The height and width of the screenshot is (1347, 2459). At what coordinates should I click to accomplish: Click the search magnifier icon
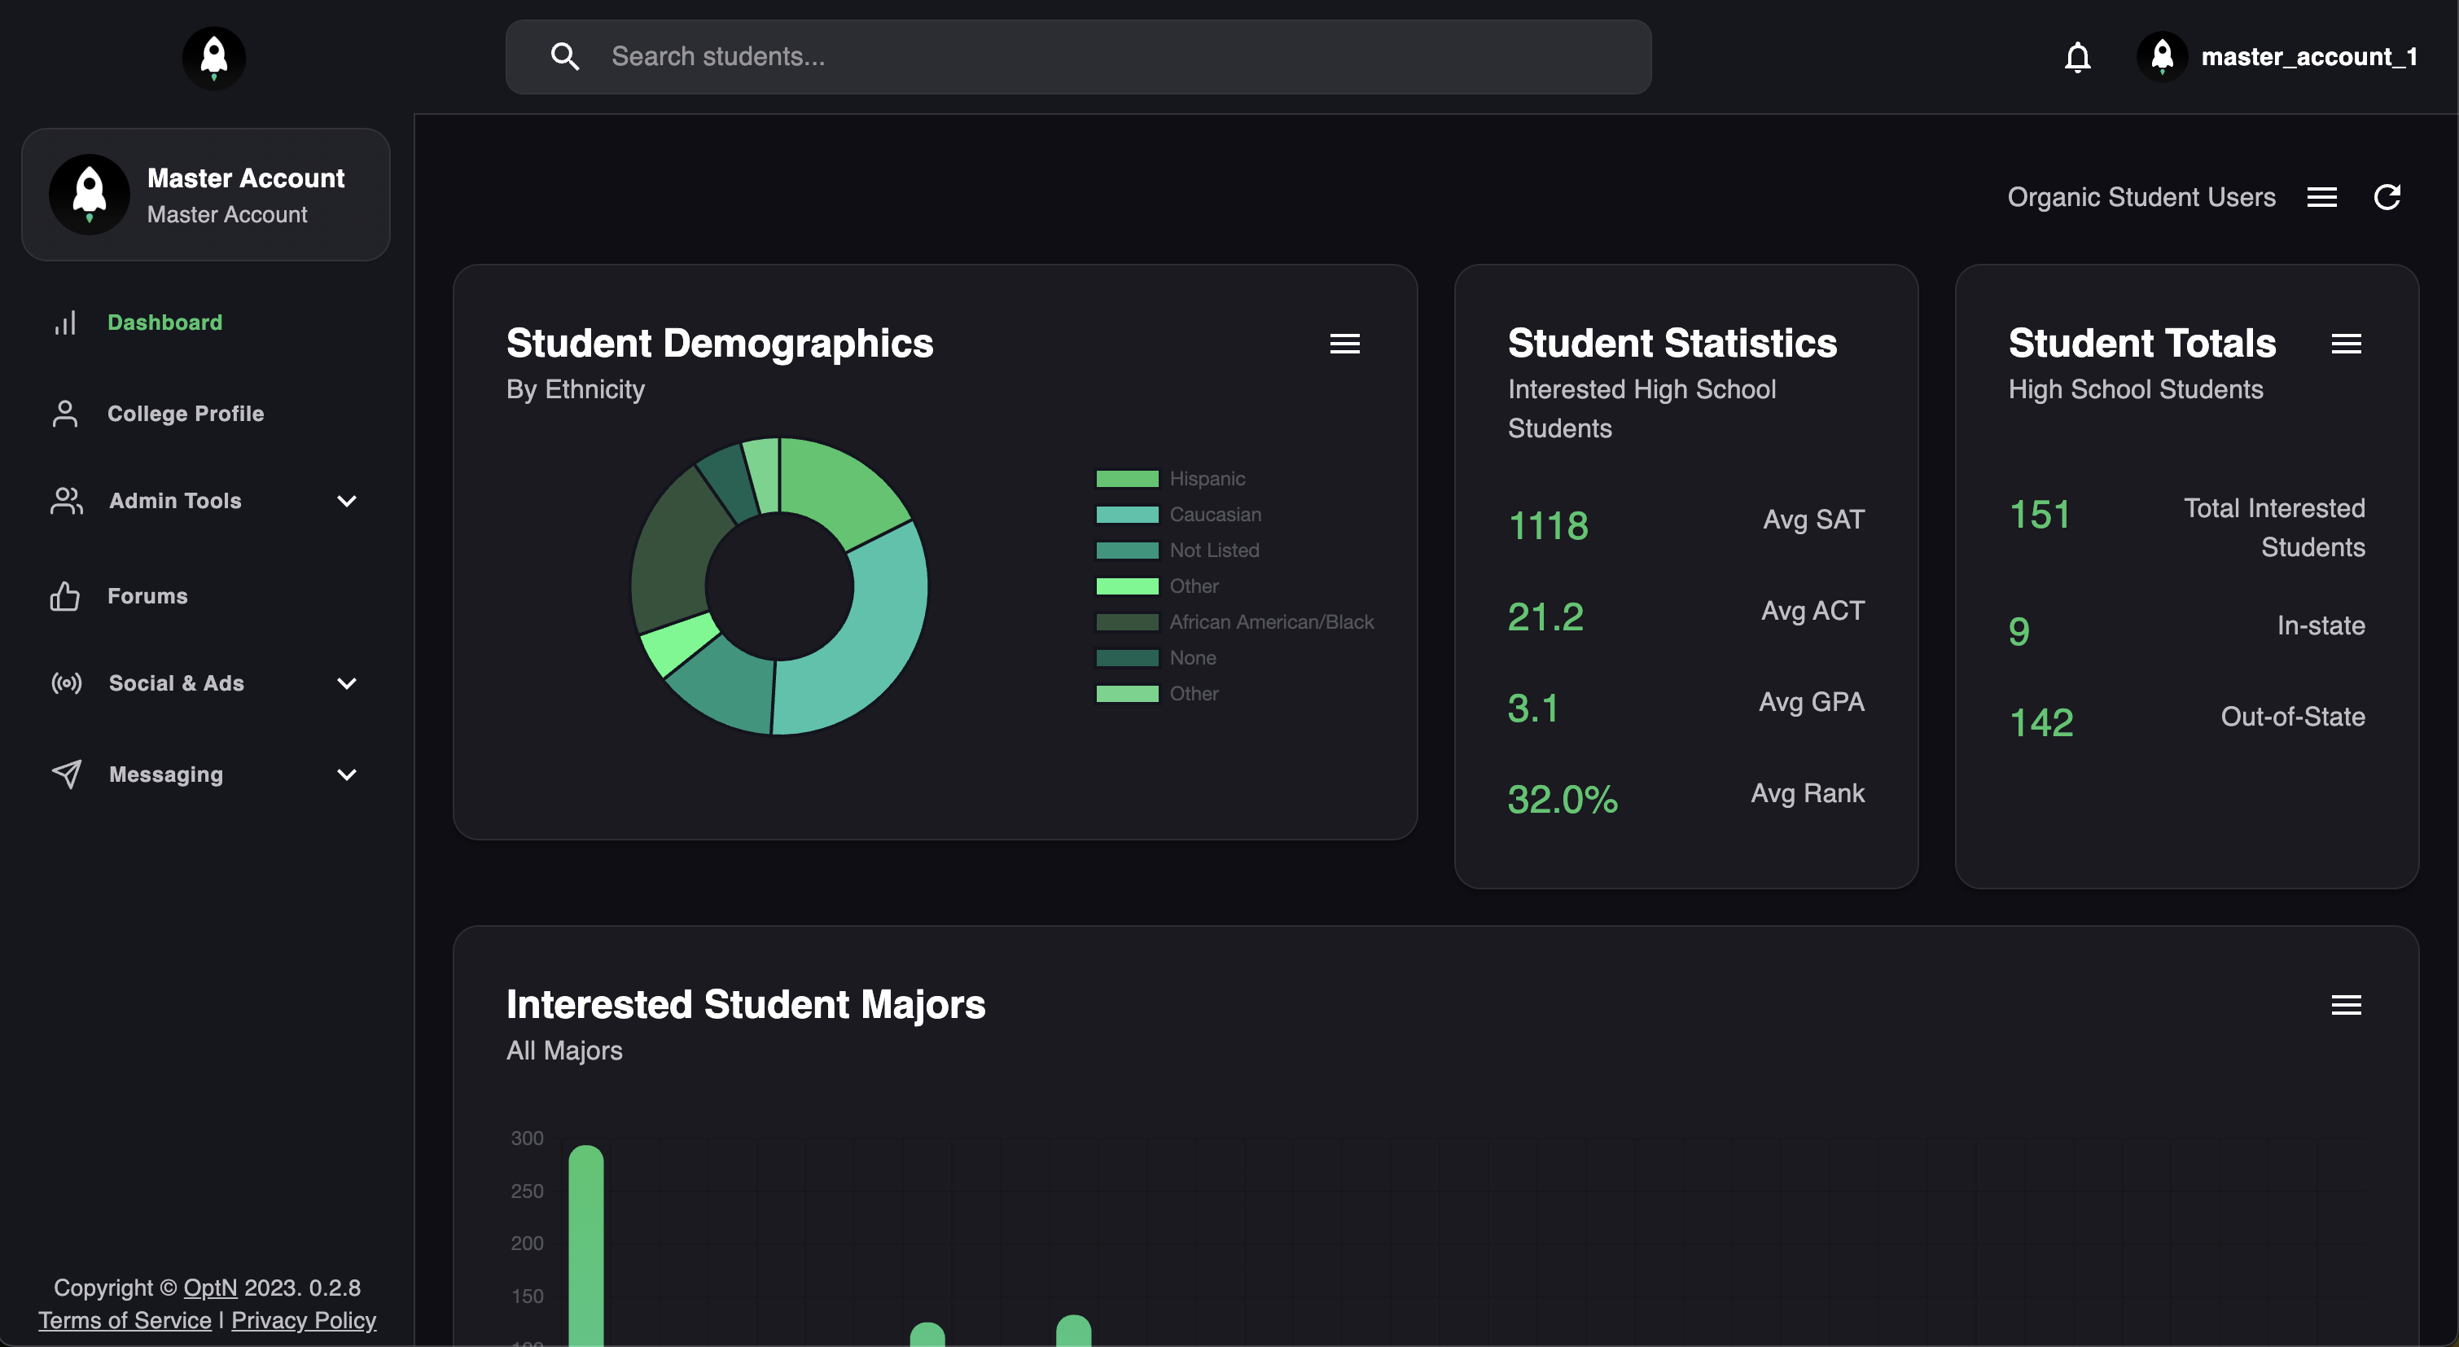(x=565, y=56)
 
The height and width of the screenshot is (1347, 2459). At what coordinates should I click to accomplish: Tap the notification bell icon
(x=2077, y=57)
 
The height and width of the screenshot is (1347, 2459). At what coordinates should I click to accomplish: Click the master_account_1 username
(x=2308, y=57)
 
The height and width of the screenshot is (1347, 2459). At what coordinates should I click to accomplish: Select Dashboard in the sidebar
(x=164, y=322)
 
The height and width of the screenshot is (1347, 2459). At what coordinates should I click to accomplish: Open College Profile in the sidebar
(x=185, y=414)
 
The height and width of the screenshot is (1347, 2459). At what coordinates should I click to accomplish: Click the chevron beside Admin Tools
(x=347, y=501)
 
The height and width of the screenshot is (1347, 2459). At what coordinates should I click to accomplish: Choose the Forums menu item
(x=147, y=595)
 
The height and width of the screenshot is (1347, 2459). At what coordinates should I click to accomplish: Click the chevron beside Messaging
(x=347, y=775)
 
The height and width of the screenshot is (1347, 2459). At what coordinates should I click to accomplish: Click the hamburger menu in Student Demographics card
(x=1344, y=344)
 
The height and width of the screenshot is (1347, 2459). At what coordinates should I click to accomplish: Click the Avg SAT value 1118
(x=1547, y=526)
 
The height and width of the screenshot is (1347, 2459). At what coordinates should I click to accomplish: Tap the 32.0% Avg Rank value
(x=1562, y=800)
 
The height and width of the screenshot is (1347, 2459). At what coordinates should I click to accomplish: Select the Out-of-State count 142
(x=2041, y=722)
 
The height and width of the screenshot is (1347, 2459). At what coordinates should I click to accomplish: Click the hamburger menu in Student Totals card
(x=2345, y=344)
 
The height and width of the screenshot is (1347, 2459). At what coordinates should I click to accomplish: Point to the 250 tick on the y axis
(x=527, y=1191)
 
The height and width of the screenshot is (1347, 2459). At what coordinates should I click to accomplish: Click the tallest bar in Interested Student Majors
(x=586, y=1241)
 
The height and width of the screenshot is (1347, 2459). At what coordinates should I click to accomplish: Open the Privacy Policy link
(x=304, y=1320)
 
